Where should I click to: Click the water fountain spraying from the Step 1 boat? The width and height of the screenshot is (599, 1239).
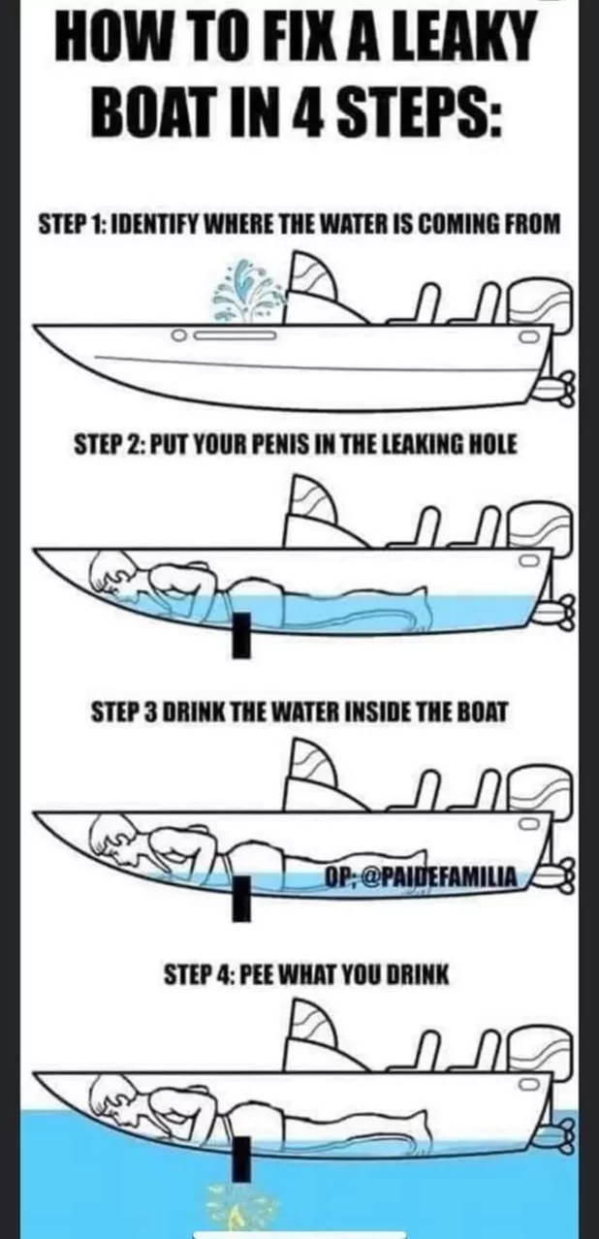tap(250, 292)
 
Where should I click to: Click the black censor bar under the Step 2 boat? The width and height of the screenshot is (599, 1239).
tap(241, 635)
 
